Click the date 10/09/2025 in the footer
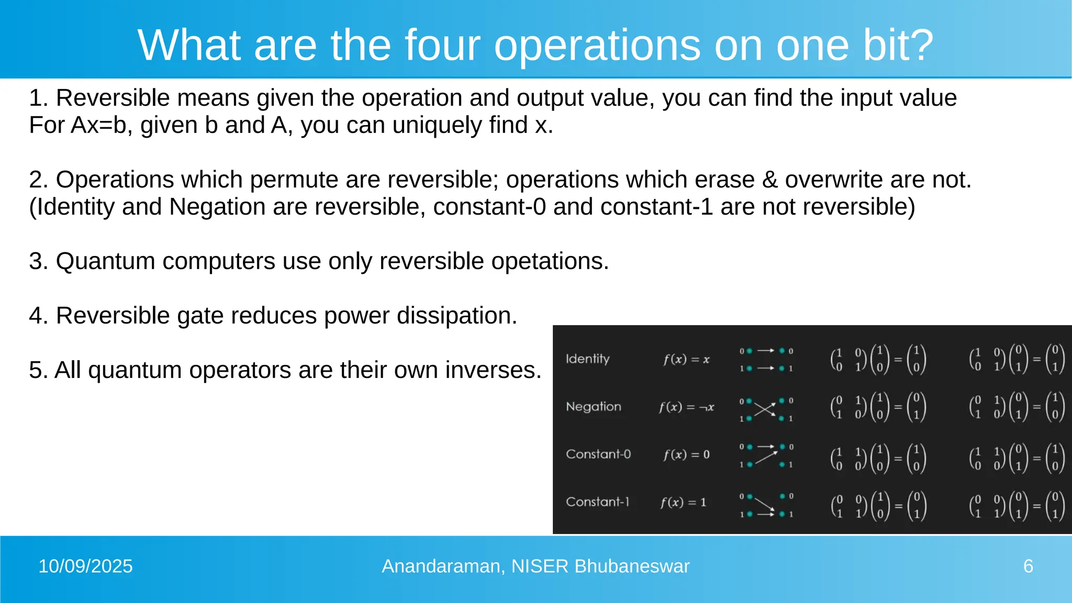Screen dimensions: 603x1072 pyautogui.click(x=85, y=566)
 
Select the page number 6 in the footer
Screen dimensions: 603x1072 pyautogui.click(x=1028, y=566)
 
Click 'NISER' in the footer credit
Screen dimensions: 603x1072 pyautogui.click(x=540, y=566)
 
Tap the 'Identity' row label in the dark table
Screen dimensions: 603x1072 pyautogui.click(x=588, y=359)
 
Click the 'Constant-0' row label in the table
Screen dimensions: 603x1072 pyautogui.click(x=598, y=454)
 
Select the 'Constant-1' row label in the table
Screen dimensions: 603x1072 pyautogui.click(x=597, y=502)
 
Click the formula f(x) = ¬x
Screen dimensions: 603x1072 pyautogui.click(x=686, y=407)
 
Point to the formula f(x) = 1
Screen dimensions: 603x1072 pyautogui.click(x=683, y=502)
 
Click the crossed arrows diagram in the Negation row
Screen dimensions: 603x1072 pyautogui.click(x=766, y=409)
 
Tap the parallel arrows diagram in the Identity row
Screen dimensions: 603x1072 pyautogui.click(x=766, y=360)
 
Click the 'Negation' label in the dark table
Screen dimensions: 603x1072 pyautogui.click(x=594, y=407)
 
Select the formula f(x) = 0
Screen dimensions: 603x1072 pyautogui.click(x=686, y=455)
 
